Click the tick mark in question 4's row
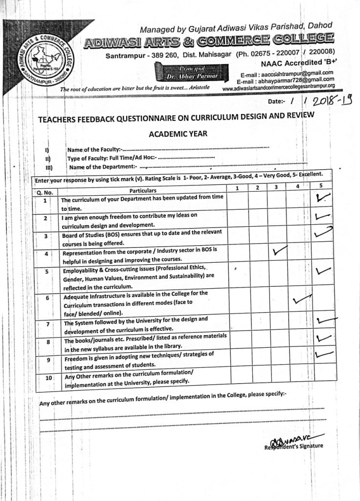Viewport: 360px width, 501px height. pyautogui.click(x=280, y=251)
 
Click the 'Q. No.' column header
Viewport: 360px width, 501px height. pyautogui.click(x=45, y=192)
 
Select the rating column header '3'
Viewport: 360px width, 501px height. pyautogui.click(x=276, y=186)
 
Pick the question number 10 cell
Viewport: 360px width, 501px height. pyautogui.click(x=48, y=378)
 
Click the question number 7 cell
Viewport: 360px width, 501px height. pyautogui.click(x=47, y=324)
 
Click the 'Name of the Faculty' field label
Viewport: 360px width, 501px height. pyautogui.click(x=93, y=149)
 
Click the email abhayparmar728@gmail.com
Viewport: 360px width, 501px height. pyautogui.click(x=286, y=81)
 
